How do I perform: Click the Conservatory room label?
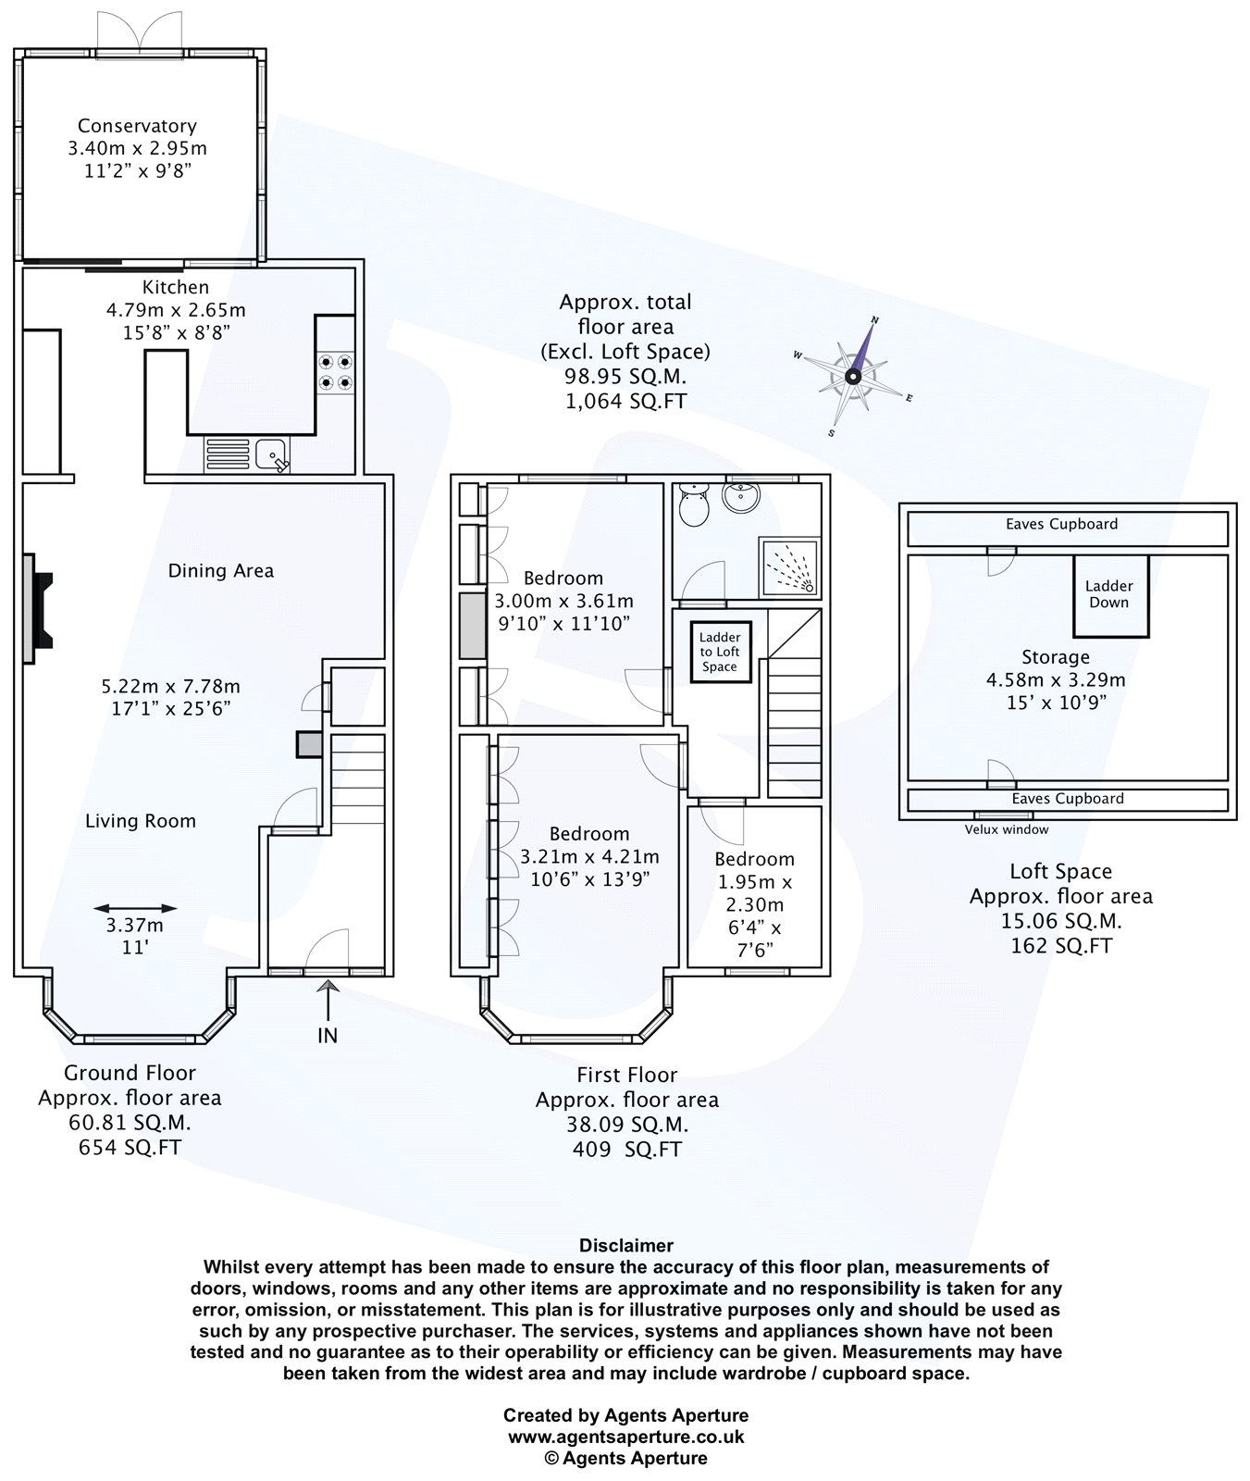click(x=137, y=126)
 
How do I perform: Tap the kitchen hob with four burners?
click(x=335, y=371)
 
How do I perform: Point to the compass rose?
click(x=853, y=376)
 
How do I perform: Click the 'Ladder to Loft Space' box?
click(x=720, y=652)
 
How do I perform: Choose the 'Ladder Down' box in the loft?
click(x=1109, y=594)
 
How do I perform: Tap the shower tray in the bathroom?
click(x=789, y=566)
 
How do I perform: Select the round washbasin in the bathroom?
click(x=742, y=498)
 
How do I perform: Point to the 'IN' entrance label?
click(x=328, y=1036)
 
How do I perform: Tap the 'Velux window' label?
click(x=1007, y=830)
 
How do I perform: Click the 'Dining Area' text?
click(x=221, y=571)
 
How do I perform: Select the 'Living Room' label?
click(x=141, y=821)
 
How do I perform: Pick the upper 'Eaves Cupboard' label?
click(x=1061, y=524)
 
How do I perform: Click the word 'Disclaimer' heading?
click(x=626, y=1246)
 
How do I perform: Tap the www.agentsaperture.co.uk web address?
click(x=626, y=1437)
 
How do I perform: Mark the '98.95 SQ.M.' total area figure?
click(x=626, y=377)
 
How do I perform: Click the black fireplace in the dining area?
click(x=40, y=609)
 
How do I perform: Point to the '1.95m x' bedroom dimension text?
click(x=755, y=882)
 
